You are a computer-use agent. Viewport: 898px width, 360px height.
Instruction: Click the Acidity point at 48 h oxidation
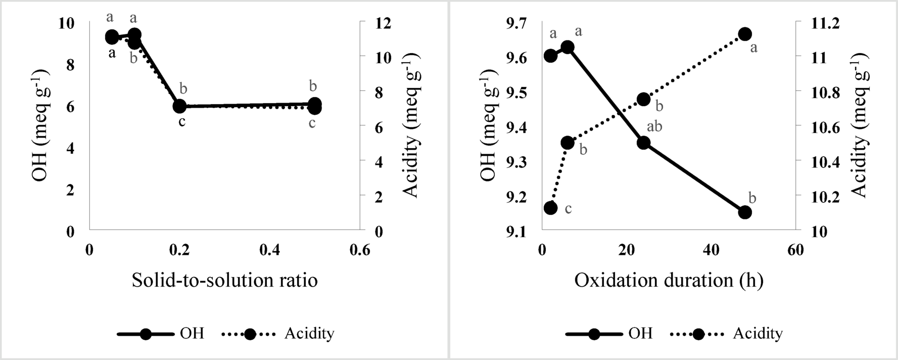(x=744, y=34)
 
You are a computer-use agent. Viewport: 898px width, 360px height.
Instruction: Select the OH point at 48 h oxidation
(x=744, y=212)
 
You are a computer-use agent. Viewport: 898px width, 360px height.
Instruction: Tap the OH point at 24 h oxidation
(x=643, y=143)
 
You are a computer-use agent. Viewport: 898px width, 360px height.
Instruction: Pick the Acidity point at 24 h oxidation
(x=643, y=99)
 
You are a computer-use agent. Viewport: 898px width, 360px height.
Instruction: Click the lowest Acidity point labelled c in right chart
(x=550, y=208)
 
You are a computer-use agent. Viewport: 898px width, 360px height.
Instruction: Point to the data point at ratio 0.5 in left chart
(x=314, y=105)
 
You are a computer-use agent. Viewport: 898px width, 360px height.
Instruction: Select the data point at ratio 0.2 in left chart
(x=179, y=106)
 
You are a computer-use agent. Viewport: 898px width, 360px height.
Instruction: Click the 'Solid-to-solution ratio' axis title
(x=224, y=280)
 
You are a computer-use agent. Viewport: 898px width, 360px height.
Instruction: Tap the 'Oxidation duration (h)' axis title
(x=668, y=280)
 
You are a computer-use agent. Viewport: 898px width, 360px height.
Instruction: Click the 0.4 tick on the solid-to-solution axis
(x=269, y=250)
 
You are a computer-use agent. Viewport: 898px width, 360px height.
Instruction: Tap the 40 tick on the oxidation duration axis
(x=711, y=250)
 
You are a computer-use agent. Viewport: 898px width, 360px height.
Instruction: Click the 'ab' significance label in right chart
(x=654, y=126)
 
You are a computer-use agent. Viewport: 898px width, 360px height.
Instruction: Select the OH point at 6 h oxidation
(x=568, y=48)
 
